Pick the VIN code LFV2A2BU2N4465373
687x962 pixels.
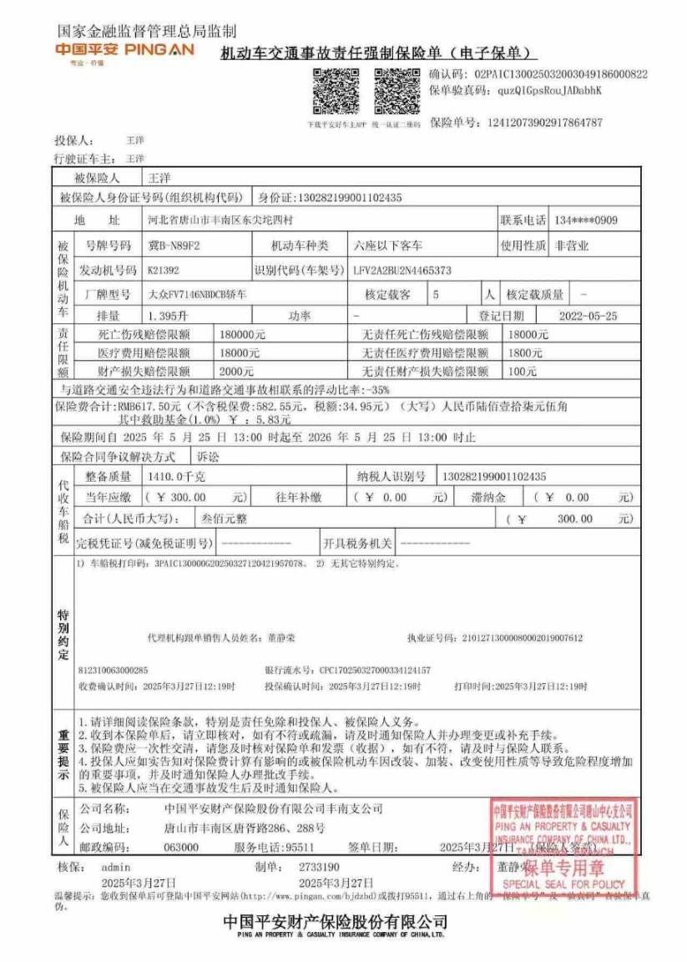[402, 271]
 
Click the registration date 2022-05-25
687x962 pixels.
[588, 316]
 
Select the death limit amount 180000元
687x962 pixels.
[242, 334]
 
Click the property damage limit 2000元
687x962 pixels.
[236, 371]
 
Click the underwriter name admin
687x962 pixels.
[115, 867]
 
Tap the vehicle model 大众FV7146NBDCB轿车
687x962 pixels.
[197, 295]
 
